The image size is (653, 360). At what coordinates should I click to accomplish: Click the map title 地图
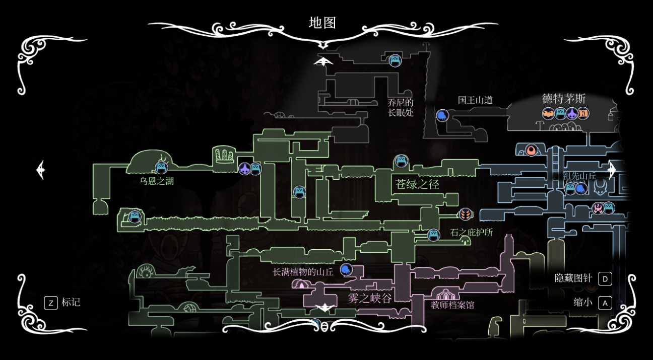point(322,23)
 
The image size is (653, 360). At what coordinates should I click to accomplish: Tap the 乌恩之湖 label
point(157,181)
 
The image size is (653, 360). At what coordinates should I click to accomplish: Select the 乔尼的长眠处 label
point(401,107)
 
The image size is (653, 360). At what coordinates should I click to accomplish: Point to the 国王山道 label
point(475,100)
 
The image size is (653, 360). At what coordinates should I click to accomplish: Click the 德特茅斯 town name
point(564,99)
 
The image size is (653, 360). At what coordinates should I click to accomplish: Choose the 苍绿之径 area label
point(418,184)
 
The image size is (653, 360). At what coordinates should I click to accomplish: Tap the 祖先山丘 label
point(579,176)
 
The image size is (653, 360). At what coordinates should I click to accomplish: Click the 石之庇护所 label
point(471,232)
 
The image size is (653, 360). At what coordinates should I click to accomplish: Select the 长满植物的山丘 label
point(303,272)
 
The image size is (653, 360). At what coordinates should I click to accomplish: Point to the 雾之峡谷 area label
point(370,299)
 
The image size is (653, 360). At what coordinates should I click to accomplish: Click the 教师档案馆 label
point(452,305)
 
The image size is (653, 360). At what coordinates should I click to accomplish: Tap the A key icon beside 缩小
point(605,303)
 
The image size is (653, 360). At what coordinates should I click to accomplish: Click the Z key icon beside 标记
point(51,303)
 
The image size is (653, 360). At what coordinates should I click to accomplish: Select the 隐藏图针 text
point(573,278)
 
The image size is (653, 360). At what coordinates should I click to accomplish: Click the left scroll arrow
point(41,170)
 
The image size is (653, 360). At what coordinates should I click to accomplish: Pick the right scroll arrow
point(612,170)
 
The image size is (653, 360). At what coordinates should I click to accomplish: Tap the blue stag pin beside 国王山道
point(442,116)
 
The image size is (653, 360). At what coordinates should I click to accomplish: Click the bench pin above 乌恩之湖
point(161,168)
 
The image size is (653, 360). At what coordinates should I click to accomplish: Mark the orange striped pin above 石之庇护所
point(465,214)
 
